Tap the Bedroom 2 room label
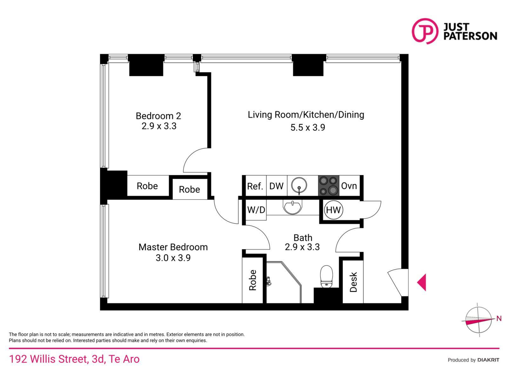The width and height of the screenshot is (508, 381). [x=158, y=116]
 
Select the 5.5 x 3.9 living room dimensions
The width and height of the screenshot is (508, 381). [x=308, y=128]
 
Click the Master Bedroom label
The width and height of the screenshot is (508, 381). [x=173, y=247]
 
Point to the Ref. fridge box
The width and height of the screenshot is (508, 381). [x=255, y=186]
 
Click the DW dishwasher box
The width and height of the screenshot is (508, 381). [x=276, y=186]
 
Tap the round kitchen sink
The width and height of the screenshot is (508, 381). [x=299, y=185]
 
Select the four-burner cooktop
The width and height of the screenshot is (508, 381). [x=328, y=185]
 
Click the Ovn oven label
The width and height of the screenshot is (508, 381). [x=349, y=186]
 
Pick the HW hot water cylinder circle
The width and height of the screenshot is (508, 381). [x=333, y=210]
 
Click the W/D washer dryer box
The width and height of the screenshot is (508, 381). [x=256, y=210]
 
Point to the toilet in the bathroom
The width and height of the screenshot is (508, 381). [x=326, y=277]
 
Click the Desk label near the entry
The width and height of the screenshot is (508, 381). [x=353, y=282]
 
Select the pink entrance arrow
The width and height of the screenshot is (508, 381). [x=422, y=282]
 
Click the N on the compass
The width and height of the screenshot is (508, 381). [x=499, y=318]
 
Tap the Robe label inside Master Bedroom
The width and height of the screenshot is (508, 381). [x=253, y=280]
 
